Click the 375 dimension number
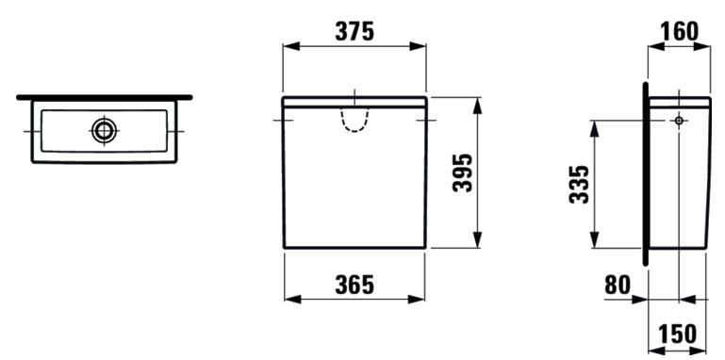point(354,31)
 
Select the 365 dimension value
point(354,285)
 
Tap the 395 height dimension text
point(462,172)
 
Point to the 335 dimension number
point(580,184)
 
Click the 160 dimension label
point(679,31)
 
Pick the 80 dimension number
point(618,286)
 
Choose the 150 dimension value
point(677,335)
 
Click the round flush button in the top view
point(104,131)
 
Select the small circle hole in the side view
point(679,121)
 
